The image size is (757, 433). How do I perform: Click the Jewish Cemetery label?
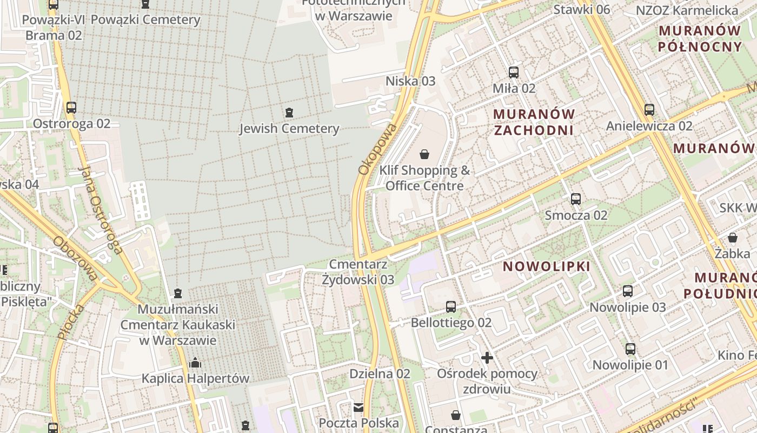click(289, 129)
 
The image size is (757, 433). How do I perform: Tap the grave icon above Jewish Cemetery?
click(289, 113)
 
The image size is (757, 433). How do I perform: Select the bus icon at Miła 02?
click(514, 72)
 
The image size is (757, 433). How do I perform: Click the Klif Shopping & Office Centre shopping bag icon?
click(424, 154)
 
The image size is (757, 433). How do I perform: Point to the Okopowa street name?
click(378, 149)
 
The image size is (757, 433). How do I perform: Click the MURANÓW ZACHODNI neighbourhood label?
click(534, 122)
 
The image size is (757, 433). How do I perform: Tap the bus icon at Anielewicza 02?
click(649, 110)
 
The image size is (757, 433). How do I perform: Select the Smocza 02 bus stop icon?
click(576, 199)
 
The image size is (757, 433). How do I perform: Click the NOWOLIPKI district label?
click(547, 266)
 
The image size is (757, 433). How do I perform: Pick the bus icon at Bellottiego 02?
click(451, 307)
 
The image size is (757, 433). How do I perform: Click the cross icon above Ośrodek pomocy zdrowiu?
click(487, 358)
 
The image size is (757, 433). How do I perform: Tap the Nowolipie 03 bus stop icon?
click(628, 291)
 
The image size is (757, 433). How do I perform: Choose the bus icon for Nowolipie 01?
click(630, 349)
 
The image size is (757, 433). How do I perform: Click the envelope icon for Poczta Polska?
click(358, 407)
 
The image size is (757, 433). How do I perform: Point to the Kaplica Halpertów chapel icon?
click(195, 362)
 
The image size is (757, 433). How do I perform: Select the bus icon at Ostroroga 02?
click(71, 108)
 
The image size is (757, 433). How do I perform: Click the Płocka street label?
click(71, 322)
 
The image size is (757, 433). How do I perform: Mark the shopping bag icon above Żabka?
click(733, 238)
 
